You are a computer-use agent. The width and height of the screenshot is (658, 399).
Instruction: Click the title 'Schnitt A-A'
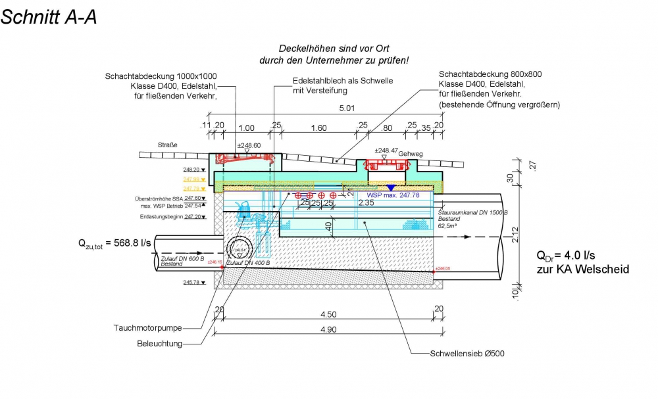49,17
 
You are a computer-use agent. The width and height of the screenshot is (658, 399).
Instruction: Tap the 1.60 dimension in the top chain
318,128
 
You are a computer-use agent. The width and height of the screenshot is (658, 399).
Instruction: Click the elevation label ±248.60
249,146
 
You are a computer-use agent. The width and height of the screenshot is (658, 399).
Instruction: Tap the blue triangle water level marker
390,189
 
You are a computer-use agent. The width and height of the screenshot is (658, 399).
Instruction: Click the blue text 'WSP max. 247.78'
393,195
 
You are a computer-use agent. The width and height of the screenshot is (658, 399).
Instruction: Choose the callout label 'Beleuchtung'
159,343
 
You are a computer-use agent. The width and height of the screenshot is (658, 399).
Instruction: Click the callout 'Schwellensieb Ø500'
467,353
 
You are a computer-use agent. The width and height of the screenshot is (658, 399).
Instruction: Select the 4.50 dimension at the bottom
328,314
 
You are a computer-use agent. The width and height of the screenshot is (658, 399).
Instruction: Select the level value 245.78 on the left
191,282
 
